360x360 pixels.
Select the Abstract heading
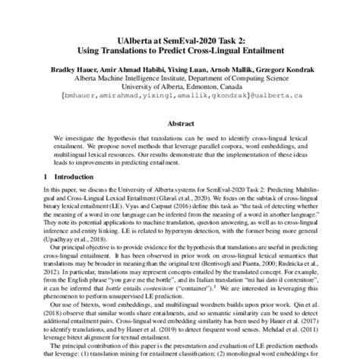pyautogui.click(x=179, y=122)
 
